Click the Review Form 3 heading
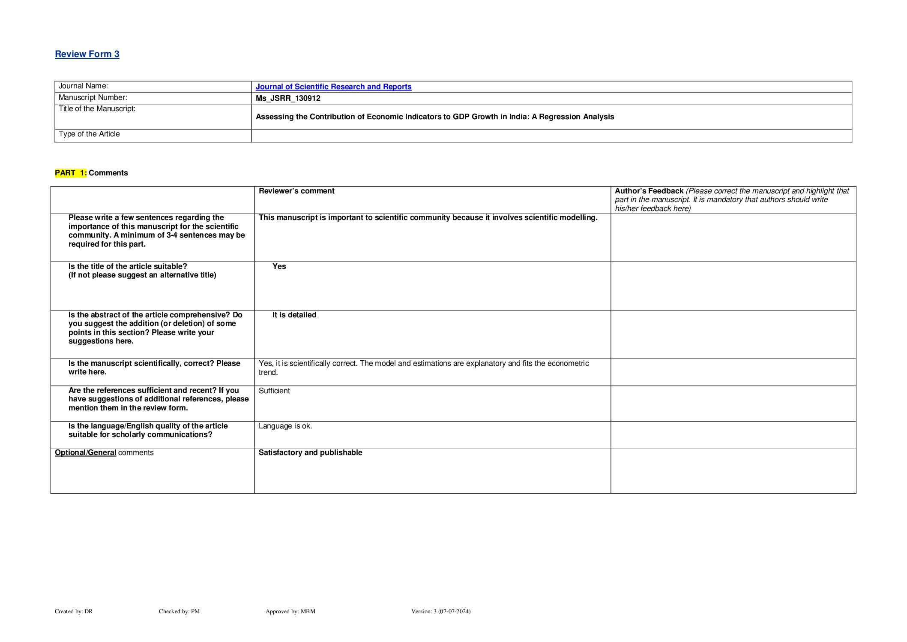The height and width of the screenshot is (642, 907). [x=87, y=54]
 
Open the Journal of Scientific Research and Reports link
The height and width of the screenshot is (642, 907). [x=333, y=87]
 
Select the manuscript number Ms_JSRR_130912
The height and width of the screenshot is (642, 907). [x=288, y=98]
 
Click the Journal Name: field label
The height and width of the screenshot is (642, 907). [x=83, y=86]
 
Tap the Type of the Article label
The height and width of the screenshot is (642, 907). [x=89, y=134]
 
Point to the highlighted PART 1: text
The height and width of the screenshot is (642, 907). [x=71, y=173]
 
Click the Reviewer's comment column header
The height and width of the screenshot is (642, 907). [x=296, y=191]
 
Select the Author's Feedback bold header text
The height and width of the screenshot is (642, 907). [x=649, y=191]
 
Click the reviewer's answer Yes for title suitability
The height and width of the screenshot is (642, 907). [x=279, y=266]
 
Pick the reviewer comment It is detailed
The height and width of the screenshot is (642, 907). [x=294, y=315]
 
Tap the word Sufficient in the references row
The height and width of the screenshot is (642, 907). [x=274, y=391]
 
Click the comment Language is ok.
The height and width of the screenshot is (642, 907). [x=285, y=426]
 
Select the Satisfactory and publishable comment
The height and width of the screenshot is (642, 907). [x=310, y=452]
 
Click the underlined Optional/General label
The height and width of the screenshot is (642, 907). [x=85, y=452]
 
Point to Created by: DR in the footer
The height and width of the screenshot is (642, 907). [x=74, y=611]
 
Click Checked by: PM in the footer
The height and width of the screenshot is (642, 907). [x=179, y=611]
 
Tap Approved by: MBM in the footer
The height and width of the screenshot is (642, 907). [x=290, y=611]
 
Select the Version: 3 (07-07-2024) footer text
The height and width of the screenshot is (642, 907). [x=441, y=611]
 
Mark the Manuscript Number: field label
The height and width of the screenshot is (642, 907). [x=93, y=98]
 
